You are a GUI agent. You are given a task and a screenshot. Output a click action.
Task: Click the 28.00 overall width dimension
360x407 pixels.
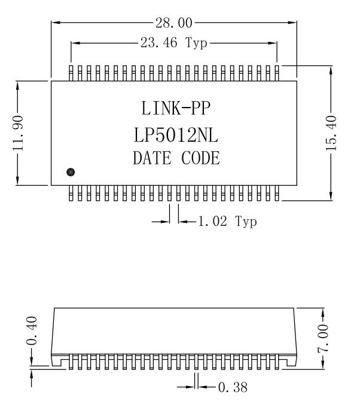click(174, 23)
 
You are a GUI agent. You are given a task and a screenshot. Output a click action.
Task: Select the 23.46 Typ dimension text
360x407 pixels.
click(174, 42)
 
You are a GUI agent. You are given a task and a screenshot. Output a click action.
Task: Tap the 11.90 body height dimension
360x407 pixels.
click(19, 133)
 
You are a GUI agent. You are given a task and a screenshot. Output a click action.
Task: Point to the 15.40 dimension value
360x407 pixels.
click(331, 133)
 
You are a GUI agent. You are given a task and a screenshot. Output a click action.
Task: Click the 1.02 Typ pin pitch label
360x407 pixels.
click(227, 221)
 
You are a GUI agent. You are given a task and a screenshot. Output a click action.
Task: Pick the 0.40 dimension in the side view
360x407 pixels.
click(32, 331)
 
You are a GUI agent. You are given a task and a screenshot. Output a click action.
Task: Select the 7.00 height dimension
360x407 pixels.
click(323, 338)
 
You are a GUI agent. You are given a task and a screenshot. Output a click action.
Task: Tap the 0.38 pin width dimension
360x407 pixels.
click(233, 387)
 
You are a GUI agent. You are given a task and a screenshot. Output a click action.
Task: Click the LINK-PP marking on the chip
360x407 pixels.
click(176, 108)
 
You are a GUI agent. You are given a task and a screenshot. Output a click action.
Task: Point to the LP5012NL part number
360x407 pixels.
click(176, 135)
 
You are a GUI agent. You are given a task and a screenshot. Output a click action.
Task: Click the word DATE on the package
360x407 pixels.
click(152, 158)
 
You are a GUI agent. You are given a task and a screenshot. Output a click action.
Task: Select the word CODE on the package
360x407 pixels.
click(200, 158)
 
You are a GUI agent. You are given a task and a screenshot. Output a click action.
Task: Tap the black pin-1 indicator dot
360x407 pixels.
click(71, 172)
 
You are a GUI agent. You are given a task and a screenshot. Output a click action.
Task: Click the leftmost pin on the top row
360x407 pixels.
click(71, 73)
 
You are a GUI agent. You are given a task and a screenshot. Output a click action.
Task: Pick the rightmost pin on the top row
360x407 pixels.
click(277, 73)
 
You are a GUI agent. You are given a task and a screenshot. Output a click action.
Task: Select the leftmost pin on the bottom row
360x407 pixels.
click(71, 193)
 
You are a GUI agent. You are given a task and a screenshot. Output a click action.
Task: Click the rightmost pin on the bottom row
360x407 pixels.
click(277, 193)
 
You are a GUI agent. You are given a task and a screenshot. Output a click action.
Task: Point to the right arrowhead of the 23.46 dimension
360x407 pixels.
click(273, 43)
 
